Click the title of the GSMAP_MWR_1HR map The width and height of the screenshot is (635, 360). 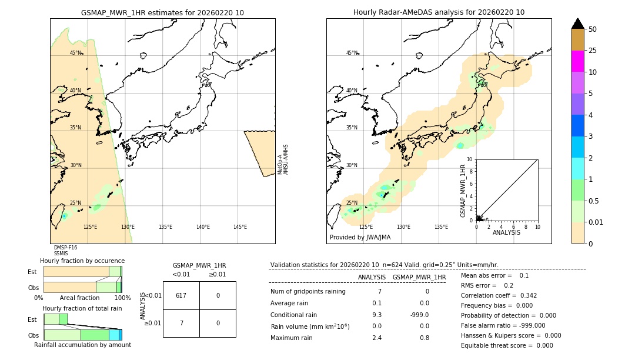(x=162, y=12)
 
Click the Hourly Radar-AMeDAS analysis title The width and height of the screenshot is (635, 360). (x=439, y=12)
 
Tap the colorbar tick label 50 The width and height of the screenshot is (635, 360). (x=593, y=29)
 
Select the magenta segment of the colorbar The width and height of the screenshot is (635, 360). (x=577, y=61)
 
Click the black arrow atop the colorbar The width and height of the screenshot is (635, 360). (x=577, y=24)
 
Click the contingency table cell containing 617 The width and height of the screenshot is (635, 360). (x=181, y=295)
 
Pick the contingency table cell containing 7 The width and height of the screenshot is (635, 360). (x=181, y=323)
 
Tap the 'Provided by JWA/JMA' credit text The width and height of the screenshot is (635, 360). (x=360, y=238)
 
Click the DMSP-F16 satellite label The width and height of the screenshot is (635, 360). (x=65, y=248)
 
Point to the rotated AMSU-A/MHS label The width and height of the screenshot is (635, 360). (x=286, y=159)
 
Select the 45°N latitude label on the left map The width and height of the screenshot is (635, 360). (x=76, y=53)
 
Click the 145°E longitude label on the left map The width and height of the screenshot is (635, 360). (x=240, y=227)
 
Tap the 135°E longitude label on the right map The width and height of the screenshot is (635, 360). (x=441, y=227)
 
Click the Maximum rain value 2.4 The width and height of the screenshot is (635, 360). (x=376, y=338)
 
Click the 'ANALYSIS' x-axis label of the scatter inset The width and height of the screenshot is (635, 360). (x=506, y=232)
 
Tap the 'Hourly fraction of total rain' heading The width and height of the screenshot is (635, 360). (x=82, y=308)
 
